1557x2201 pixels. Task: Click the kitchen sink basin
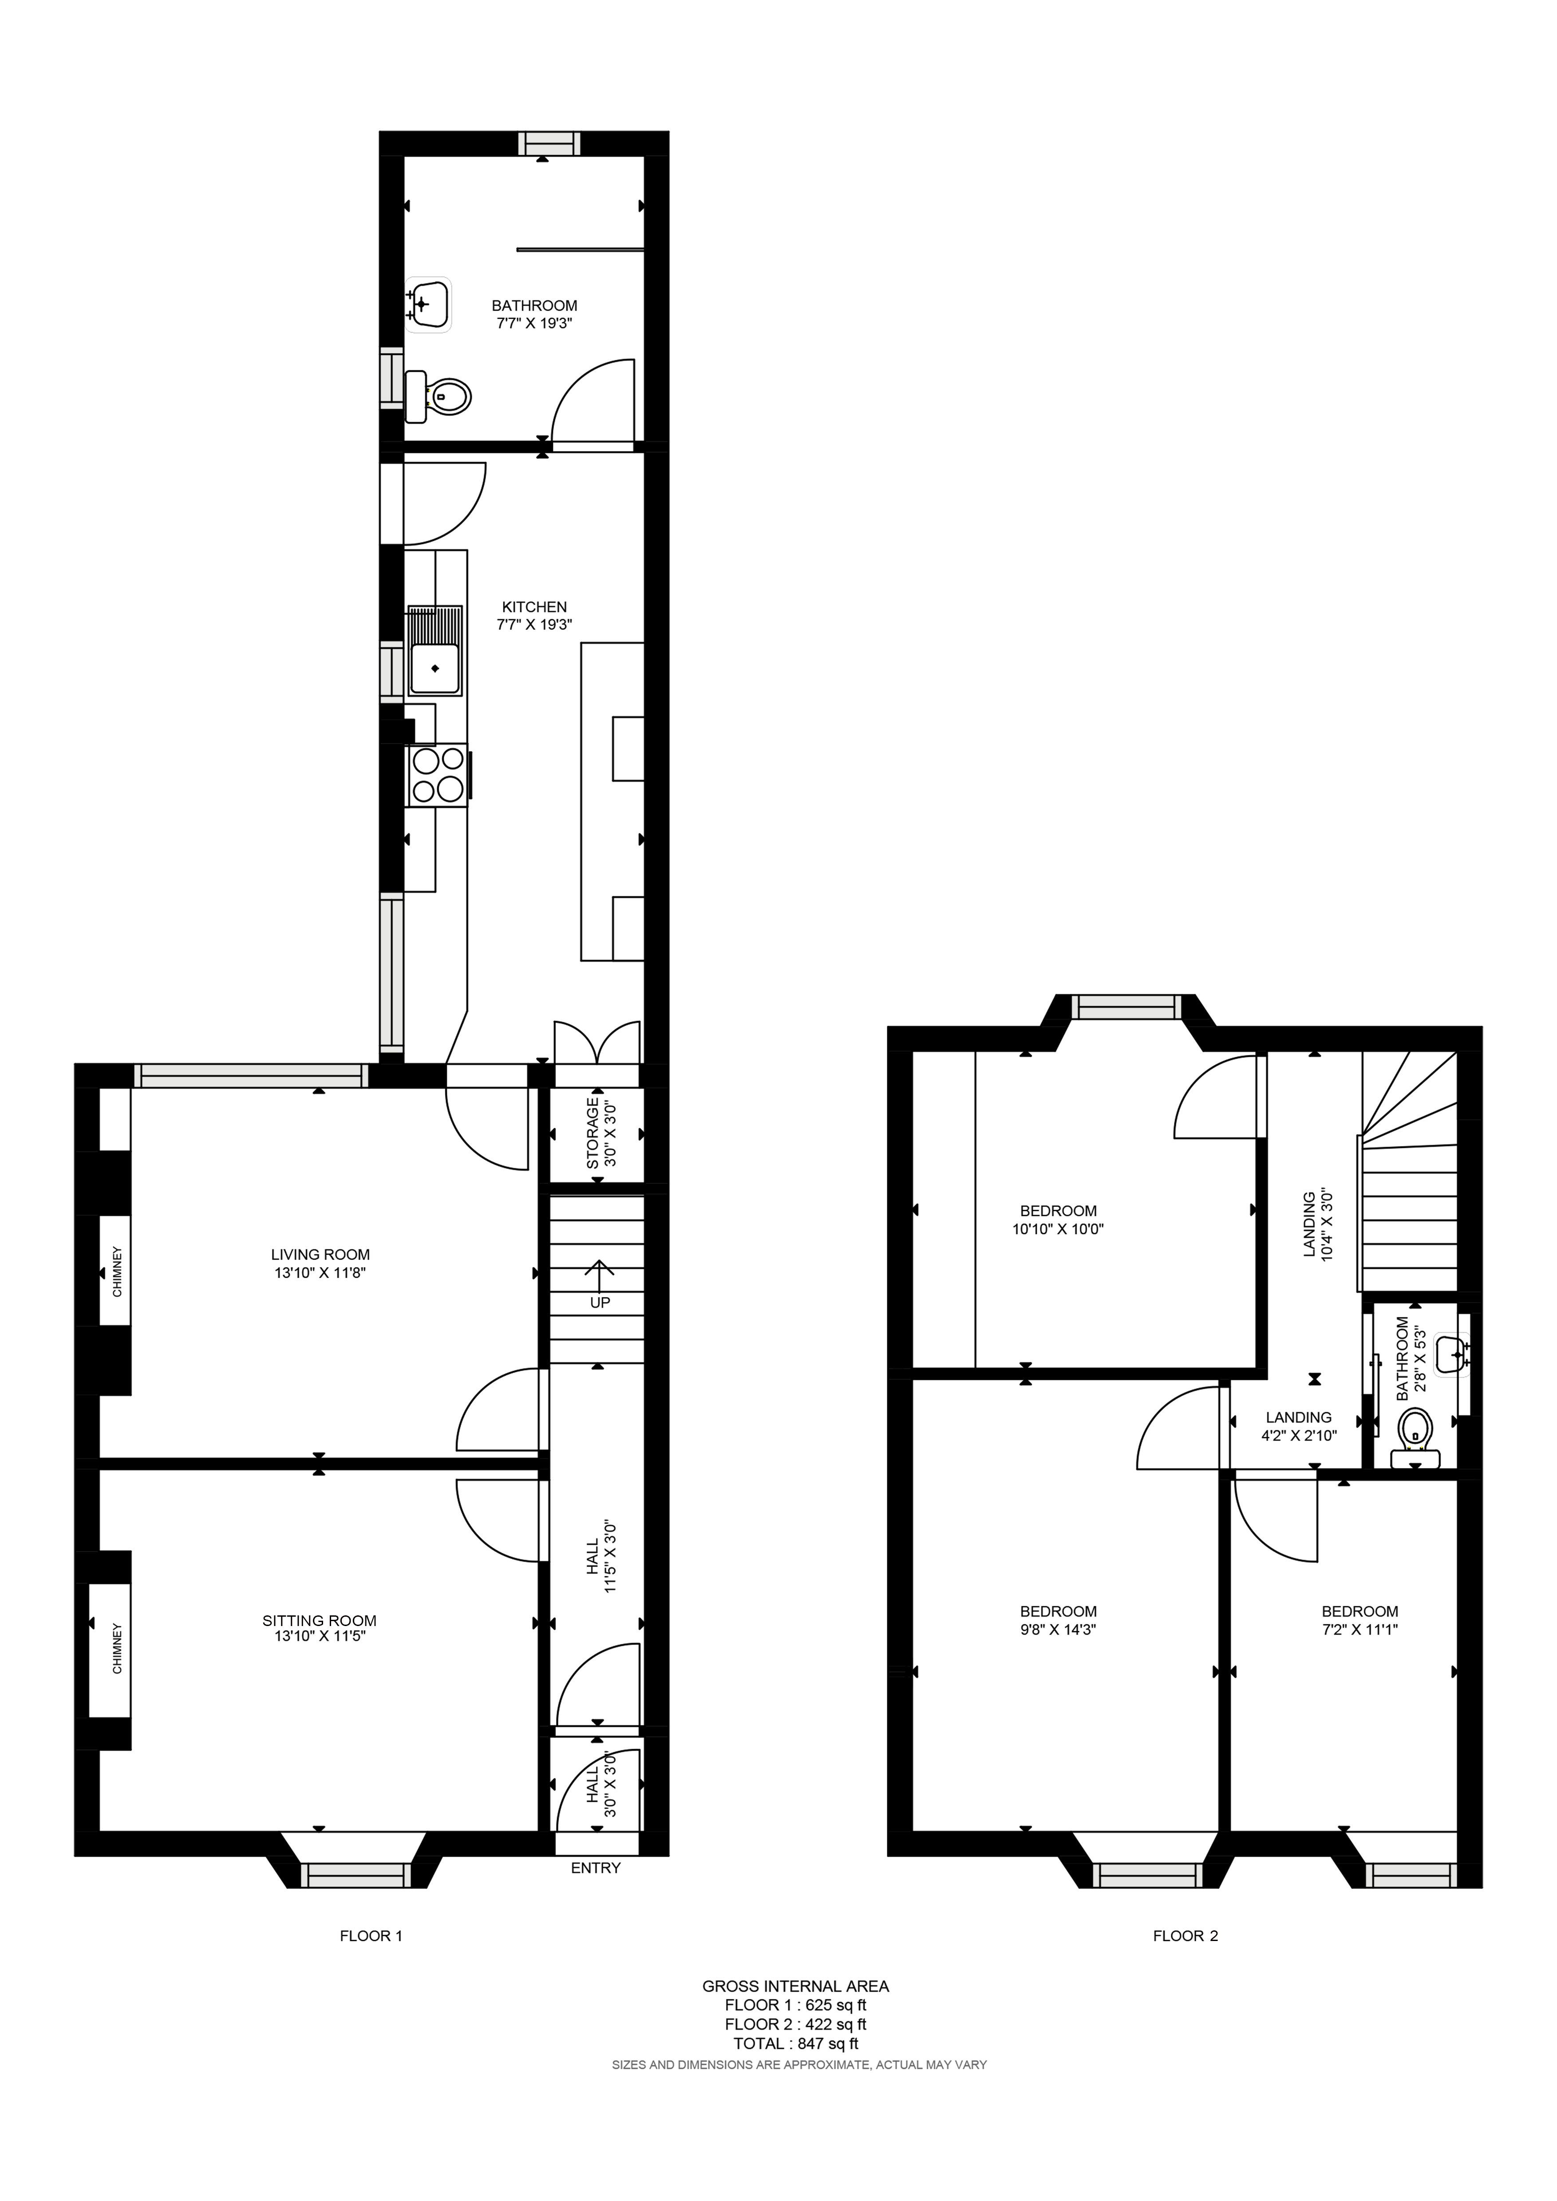[435, 668]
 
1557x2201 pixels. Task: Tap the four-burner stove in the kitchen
[438, 775]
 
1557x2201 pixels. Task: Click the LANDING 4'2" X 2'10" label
[1298, 1425]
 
